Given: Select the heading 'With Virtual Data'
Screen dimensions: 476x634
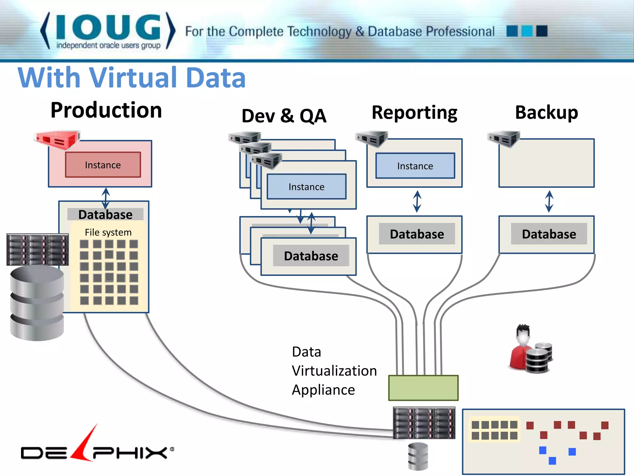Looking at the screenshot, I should [x=132, y=77].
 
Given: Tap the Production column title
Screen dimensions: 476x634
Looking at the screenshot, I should [x=106, y=110].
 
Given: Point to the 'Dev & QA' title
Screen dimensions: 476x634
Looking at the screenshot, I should [x=284, y=116].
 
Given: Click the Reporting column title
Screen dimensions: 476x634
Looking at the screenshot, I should [x=414, y=112].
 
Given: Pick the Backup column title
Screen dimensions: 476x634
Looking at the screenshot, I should [x=546, y=112].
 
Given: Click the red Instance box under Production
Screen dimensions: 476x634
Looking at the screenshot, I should [x=103, y=165].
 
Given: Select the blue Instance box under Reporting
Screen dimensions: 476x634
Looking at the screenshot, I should [x=415, y=166].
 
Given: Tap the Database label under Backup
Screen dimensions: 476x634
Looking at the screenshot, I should [x=549, y=234].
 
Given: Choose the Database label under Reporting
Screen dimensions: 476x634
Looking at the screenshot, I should [x=417, y=234].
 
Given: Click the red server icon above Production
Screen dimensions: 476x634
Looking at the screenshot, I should [x=57, y=139].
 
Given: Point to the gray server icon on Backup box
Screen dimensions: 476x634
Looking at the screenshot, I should [x=504, y=139].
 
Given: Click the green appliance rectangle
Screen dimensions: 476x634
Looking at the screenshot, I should [x=423, y=388].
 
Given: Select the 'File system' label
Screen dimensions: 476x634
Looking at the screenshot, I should [x=108, y=232].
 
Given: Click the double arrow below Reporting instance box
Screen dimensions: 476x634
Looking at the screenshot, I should [x=417, y=201].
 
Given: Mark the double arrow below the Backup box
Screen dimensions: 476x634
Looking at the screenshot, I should [x=549, y=201].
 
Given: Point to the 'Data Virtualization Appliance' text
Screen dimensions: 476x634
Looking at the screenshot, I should [x=334, y=371].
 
